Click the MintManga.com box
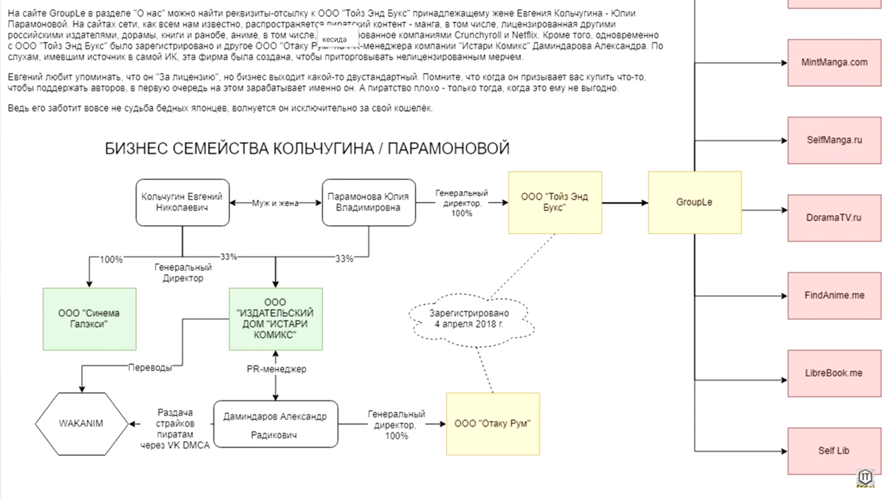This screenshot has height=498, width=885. pos(834,63)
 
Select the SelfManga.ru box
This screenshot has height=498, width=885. pos(834,140)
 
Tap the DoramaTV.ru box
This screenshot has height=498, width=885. pos(834,218)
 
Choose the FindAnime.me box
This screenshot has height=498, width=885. pos(834,295)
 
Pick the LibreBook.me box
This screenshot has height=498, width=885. pos(834,373)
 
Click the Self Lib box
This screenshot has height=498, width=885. pos(834,451)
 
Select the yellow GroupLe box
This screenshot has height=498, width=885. pos(694,202)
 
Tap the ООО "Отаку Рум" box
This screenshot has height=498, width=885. pos(493,423)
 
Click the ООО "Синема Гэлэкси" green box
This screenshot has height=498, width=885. pos(88,319)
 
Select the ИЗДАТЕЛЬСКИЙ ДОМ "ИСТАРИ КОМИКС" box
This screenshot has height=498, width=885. pos(275,319)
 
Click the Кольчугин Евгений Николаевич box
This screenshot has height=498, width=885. pos(182,202)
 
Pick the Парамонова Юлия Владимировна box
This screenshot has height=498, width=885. pos(368,202)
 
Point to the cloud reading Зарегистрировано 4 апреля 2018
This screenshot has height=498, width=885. pos(469,319)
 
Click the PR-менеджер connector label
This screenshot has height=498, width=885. pos(276,369)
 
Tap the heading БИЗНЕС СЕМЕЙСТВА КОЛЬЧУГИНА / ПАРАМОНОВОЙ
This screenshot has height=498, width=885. pos(308,149)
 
